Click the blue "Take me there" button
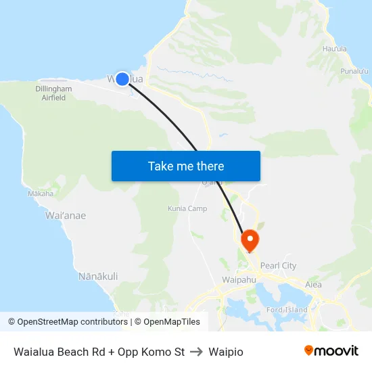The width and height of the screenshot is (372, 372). click(185, 166)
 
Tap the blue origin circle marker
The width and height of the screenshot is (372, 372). click(122, 79)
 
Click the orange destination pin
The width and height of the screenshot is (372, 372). click(250, 239)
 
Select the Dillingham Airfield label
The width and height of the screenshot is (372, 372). click(54, 93)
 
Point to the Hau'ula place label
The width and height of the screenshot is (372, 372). click(335, 49)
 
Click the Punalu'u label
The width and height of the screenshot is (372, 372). click(354, 71)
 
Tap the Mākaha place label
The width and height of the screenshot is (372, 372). click(41, 193)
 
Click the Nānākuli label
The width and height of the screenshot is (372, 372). click(98, 276)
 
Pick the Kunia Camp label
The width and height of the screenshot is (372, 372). click(187, 208)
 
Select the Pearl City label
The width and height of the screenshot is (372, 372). click(278, 266)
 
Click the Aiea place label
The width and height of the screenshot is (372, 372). click(313, 285)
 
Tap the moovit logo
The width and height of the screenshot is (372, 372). click(331, 351)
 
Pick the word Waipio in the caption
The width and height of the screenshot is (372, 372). click(226, 352)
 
